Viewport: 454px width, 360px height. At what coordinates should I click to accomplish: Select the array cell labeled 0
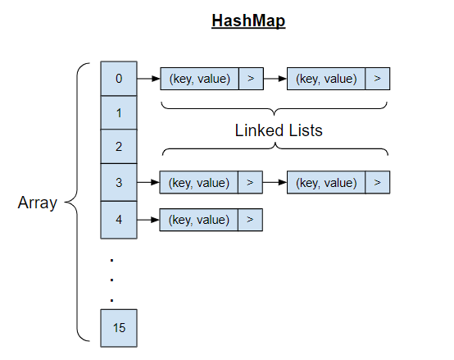coord(119,79)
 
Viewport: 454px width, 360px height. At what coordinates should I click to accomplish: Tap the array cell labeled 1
coord(119,112)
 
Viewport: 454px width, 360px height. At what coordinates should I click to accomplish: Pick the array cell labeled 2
coord(119,147)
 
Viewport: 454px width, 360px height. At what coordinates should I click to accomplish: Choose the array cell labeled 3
coord(119,182)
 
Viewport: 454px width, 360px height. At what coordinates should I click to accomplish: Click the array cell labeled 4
coord(119,219)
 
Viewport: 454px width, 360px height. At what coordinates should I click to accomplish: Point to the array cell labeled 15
coord(119,327)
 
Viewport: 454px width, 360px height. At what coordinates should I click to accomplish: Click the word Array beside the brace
coord(38,203)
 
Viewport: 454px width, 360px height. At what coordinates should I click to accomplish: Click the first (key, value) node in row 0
coord(199,79)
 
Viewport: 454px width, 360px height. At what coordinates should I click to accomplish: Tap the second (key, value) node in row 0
coord(327,79)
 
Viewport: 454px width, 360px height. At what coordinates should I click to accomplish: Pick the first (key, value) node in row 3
coord(199,182)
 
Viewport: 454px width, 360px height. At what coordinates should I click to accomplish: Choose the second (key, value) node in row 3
coord(327,182)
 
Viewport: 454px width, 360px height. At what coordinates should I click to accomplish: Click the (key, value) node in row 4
coord(199,220)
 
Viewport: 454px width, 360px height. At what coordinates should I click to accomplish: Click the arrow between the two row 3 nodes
coord(275,182)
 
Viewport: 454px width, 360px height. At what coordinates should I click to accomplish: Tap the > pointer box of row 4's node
coord(250,220)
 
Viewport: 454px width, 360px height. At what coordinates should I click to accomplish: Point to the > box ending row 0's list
coord(377,79)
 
